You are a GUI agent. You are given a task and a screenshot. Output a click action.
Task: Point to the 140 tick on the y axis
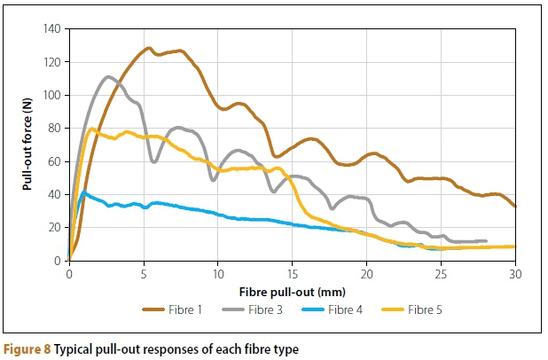tap(51, 29)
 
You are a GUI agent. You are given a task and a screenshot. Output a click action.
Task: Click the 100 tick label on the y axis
tap(51, 96)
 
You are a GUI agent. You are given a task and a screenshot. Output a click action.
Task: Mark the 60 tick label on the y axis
tap(53, 161)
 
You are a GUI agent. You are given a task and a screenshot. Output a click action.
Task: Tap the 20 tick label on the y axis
tap(53, 228)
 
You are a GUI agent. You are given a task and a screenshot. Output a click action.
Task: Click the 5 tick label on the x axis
tap(144, 274)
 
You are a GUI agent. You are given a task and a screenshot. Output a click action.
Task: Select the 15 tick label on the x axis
tap(292, 274)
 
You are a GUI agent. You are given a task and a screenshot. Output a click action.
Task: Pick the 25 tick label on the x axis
tap(441, 274)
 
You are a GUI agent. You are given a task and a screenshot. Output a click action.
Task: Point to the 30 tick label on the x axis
tap(515, 274)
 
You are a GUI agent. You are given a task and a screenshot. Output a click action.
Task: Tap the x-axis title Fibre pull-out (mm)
tap(292, 291)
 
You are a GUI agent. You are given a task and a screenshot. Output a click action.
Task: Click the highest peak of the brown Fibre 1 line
tap(148, 48)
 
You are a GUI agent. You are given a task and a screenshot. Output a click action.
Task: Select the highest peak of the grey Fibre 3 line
tap(108, 77)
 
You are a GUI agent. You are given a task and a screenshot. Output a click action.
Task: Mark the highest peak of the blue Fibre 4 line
tap(84, 192)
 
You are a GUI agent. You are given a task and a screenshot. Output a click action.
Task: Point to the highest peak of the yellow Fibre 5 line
tap(92, 129)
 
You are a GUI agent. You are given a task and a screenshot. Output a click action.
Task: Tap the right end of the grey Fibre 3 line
tap(486, 241)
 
